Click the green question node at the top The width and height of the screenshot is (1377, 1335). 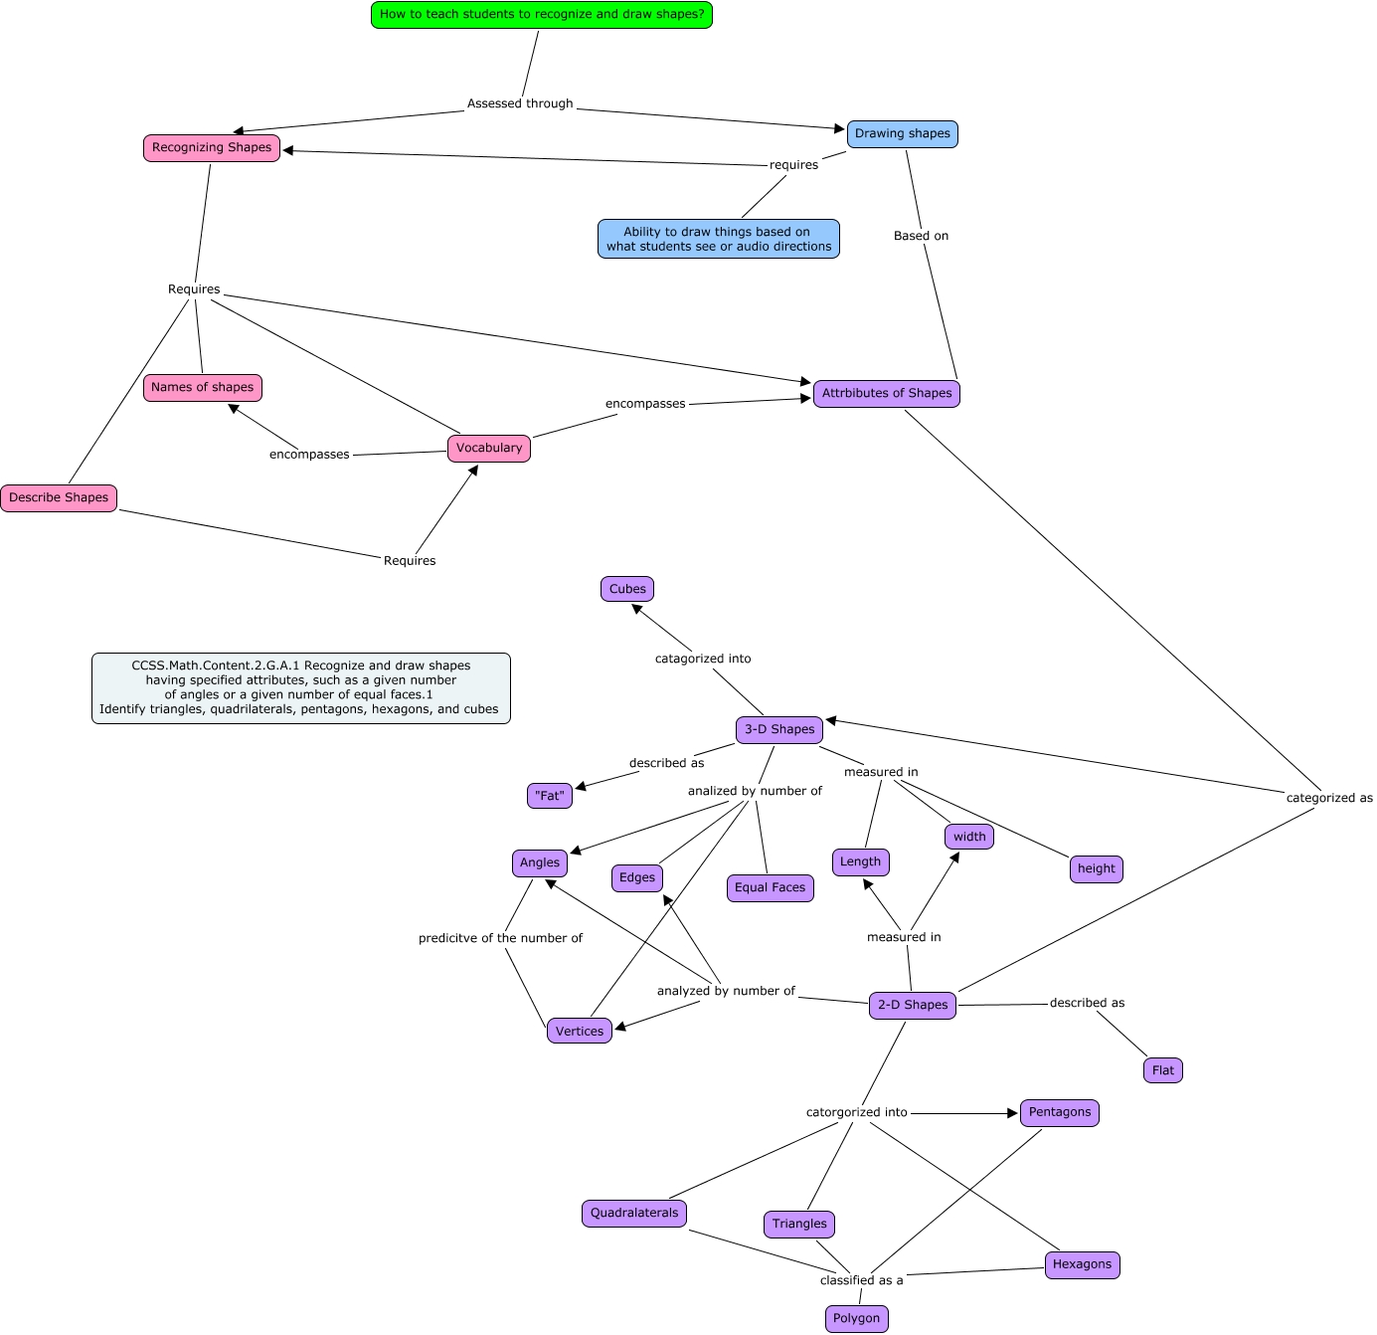click(542, 15)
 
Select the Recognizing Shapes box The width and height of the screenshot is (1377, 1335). click(212, 147)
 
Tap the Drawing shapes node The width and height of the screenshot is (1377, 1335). click(902, 133)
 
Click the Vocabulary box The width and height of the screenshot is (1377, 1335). click(489, 448)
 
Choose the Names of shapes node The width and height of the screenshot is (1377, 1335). click(203, 387)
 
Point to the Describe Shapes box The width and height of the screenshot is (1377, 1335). click(59, 497)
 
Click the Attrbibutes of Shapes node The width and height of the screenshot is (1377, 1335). click(887, 393)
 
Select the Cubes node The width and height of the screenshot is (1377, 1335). click(627, 589)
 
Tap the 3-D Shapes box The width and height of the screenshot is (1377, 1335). click(779, 729)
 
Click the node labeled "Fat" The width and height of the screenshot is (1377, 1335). click(550, 796)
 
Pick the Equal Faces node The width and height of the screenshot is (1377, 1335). click(771, 887)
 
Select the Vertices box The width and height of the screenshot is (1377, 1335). click(580, 1031)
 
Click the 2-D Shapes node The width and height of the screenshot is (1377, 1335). click(913, 1005)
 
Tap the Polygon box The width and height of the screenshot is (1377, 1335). click(856, 1318)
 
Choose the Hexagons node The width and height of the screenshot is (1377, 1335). click(1082, 1264)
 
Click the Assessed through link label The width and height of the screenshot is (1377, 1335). click(520, 103)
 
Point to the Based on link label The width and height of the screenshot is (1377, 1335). click(921, 236)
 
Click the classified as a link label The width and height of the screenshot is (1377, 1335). click(861, 1280)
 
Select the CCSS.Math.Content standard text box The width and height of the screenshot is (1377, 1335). click(301, 687)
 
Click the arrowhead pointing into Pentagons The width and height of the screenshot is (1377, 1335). click(1012, 1113)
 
